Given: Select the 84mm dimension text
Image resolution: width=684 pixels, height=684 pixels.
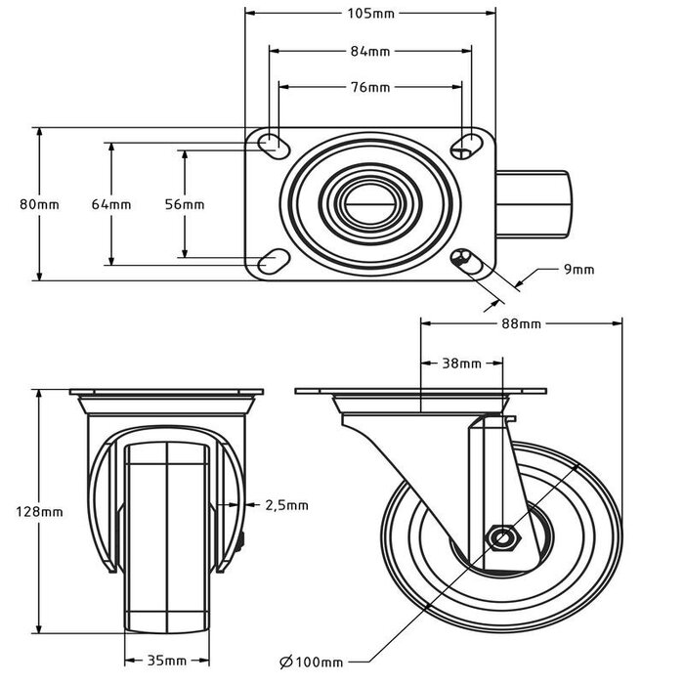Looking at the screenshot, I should coord(370,50).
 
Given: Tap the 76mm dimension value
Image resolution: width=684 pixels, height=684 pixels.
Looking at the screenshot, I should coord(370,87).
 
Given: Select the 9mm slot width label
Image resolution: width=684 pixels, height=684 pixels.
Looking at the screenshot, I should coord(577,270).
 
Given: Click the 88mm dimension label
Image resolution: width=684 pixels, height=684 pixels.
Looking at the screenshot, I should coord(522,323).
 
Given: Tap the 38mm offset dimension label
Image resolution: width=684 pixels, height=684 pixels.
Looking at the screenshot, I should coord(461,363).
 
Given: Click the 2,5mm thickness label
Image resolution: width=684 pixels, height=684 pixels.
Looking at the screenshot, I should coord(287,505).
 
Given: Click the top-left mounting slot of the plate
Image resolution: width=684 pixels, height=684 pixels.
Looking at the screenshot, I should coord(270,145).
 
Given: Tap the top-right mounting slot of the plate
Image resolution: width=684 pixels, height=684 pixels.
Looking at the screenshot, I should coord(464,145).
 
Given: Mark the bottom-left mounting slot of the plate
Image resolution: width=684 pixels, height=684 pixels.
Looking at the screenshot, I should coord(270,261).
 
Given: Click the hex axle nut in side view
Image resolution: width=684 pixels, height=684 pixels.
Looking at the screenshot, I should coord(503,537).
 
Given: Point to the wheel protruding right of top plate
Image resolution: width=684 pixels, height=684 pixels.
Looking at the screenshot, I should coord(534,203).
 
